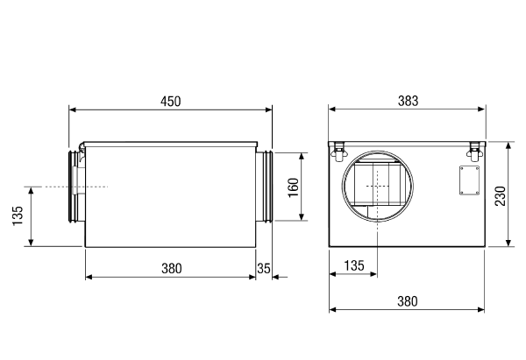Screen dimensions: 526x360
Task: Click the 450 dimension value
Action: pyautogui.click(x=170, y=102)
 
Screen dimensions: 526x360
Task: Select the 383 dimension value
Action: pyautogui.click(x=408, y=101)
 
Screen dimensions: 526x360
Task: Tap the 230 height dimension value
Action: pyautogui.click(x=501, y=196)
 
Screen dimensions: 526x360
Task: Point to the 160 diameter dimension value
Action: pyautogui.click(x=293, y=187)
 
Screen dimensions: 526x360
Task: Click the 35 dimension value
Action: pyautogui.click(x=264, y=269)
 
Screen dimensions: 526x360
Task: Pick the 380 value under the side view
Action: pyautogui.click(x=172, y=269)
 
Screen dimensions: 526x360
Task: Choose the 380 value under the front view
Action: pyautogui.click(x=408, y=301)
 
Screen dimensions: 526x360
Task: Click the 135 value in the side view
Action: pyautogui.click(x=18, y=215)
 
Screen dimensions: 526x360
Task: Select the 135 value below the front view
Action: pyautogui.click(x=354, y=265)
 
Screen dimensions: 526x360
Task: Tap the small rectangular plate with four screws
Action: pyautogui.click(x=469, y=180)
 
